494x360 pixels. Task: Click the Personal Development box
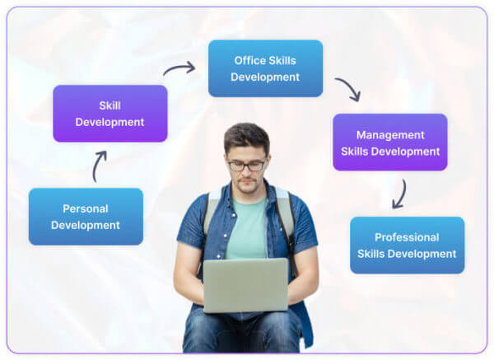pyautogui.click(x=86, y=217)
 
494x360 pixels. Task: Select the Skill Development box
pyautogui.click(x=110, y=114)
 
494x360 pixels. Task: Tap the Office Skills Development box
pyautogui.click(x=265, y=68)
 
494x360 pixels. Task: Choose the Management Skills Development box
pyautogui.click(x=390, y=143)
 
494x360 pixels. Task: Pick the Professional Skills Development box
pyautogui.click(x=407, y=245)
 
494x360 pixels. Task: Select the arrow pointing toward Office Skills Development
pyautogui.click(x=179, y=68)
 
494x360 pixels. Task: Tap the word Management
pyautogui.click(x=390, y=135)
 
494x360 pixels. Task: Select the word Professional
pyautogui.click(x=407, y=237)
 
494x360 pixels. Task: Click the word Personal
pyautogui.click(x=86, y=208)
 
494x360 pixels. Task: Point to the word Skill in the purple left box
pyautogui.click(x=110, y=105)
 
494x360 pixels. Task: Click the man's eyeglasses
pyautogui.click(x=247, y=165)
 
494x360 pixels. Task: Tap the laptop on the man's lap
pyautogui.click(x=245, y=285)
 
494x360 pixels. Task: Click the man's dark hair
pyautogui.click(x=247, y=137)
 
